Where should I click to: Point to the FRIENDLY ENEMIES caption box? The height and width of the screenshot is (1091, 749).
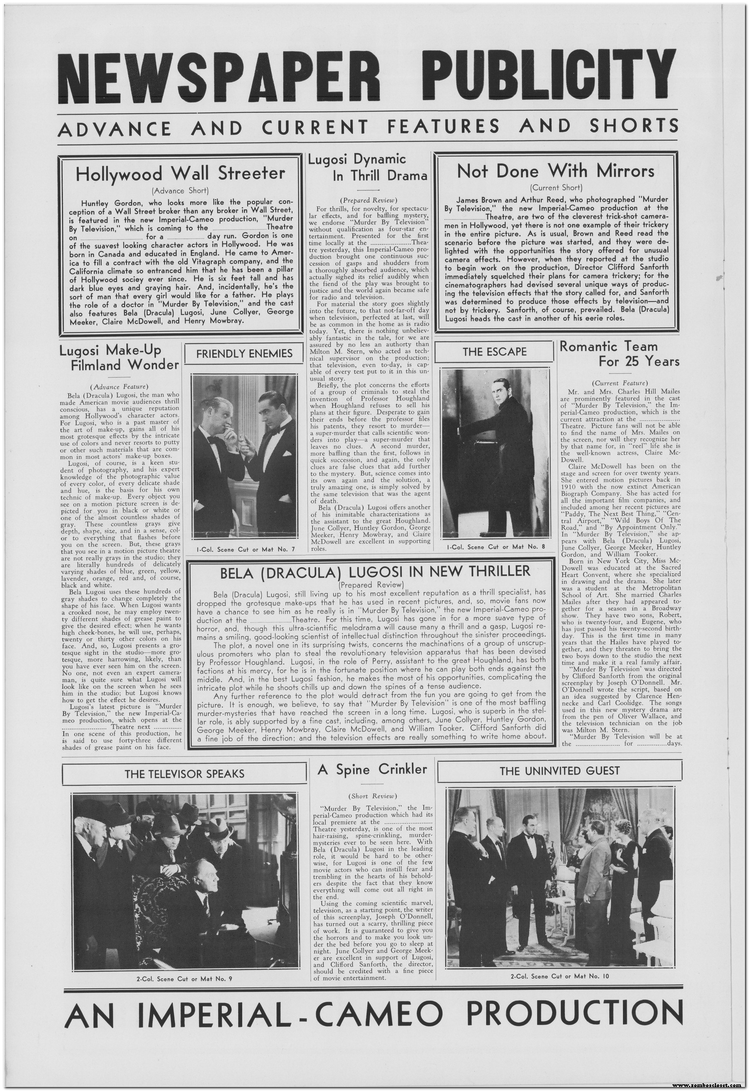click(244, 354)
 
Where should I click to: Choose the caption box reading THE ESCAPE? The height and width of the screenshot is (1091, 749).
click(494, 352)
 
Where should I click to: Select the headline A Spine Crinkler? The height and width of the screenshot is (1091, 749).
click(372, 769)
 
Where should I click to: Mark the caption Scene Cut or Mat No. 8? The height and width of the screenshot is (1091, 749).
click(495, 547)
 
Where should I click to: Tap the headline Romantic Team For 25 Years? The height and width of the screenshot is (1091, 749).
click(619, 354)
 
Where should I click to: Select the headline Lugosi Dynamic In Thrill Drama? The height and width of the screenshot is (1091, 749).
click(367, 168)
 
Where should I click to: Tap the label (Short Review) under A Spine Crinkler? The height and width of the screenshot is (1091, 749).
click(372, 796)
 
